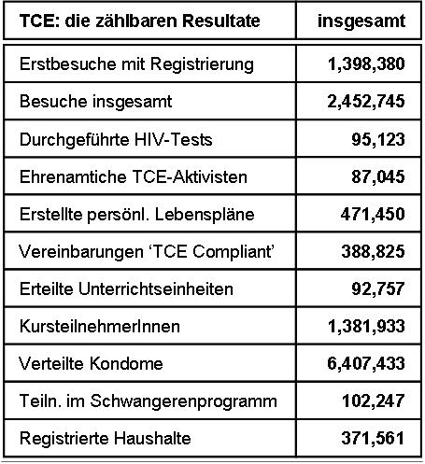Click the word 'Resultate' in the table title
(220, 21)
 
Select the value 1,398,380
(366, 64)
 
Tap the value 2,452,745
(366, 102)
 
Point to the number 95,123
(378, 139)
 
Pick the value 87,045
(378, 176)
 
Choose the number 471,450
(373, 214)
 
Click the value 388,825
(373, 251)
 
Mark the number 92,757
(378, 288)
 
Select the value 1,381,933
(366, 327)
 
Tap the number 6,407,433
(366, 363)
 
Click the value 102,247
(374, 401)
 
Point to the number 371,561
(373, 438)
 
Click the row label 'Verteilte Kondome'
(91, 363)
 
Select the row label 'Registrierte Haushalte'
(106, 439)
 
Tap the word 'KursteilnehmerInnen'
(100, 327)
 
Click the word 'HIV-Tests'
(174, 139)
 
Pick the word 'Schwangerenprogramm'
(183, 401)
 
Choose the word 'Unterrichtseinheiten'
(156, 288)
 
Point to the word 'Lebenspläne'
(205, 215)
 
